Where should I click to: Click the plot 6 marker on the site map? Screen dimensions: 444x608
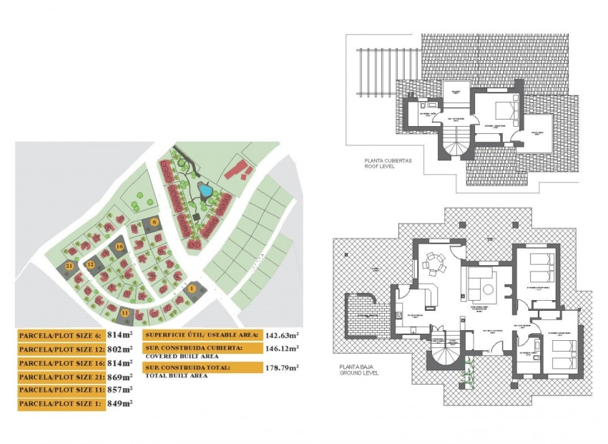(154, 222)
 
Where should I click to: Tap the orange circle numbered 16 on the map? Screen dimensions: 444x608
(119, 246)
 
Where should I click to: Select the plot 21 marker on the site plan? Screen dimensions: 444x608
(69, 266)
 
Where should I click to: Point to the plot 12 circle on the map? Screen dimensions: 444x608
(91, 264)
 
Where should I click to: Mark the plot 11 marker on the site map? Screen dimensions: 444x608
(124, 313)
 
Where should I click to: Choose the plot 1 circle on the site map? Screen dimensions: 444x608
(192, 288)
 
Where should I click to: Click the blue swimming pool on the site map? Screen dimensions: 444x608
(205, 190)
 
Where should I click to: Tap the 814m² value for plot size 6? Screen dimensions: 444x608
(119, 335)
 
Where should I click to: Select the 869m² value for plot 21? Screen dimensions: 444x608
(119, 377)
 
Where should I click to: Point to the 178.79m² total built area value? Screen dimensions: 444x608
(282, 367)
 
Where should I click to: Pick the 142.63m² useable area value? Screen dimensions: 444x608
(282, 334)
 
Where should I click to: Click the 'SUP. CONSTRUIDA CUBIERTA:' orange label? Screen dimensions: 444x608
(193, 347)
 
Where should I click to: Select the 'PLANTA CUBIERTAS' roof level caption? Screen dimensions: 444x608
(388, 161)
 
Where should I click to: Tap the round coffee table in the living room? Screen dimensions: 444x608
(488, 290)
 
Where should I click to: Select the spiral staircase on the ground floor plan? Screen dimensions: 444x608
(443, 352)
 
